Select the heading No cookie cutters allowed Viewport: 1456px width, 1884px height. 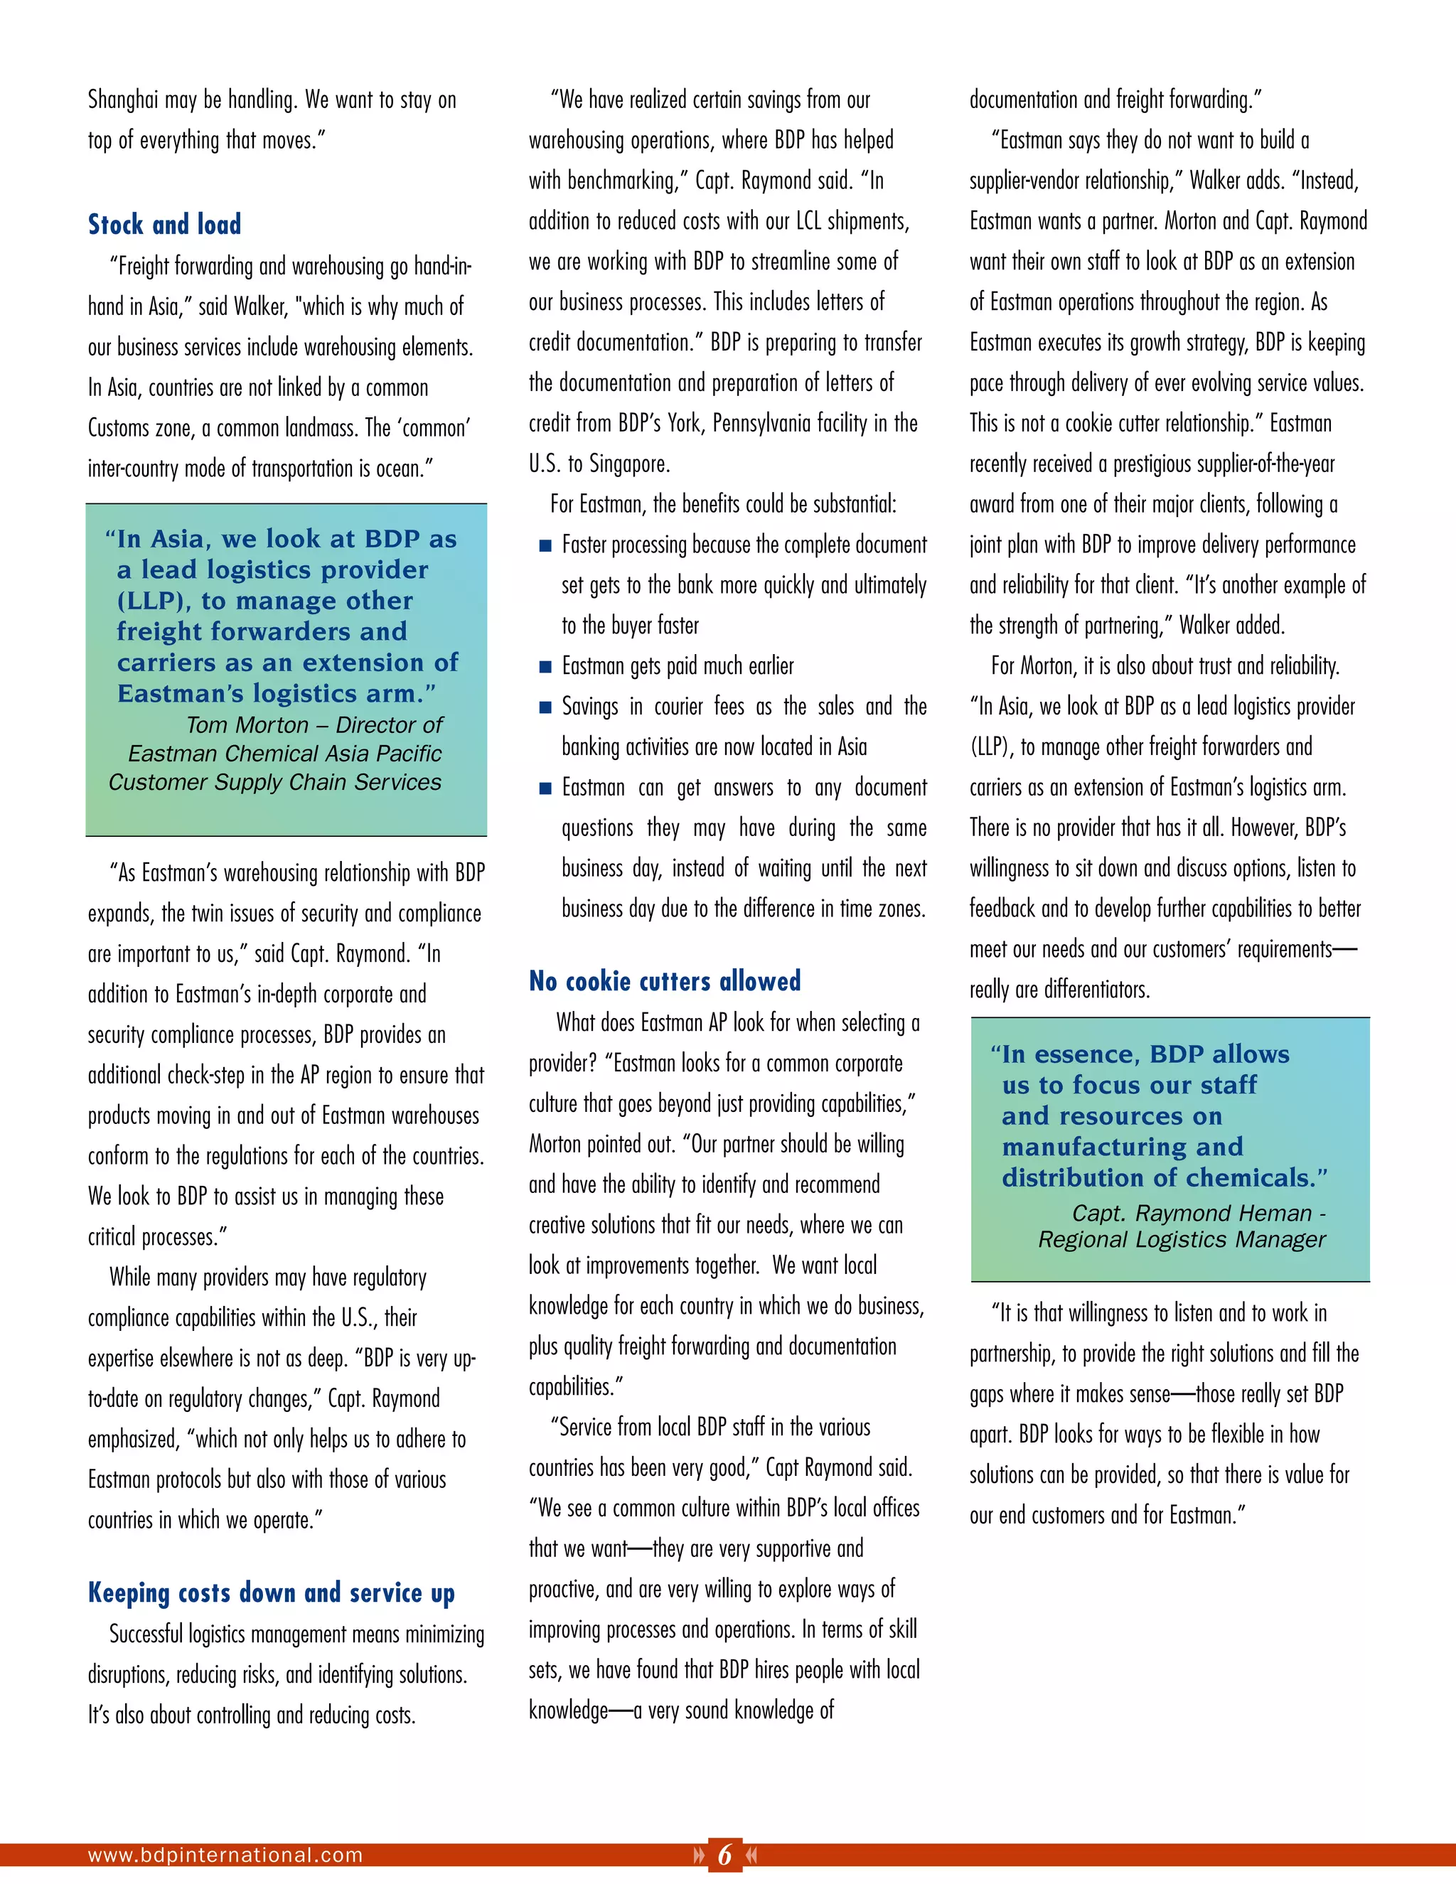click(664, 981)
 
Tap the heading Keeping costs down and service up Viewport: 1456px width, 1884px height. click(271, 1593)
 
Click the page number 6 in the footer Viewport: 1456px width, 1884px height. click(724, 1854)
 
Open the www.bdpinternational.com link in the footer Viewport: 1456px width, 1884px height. click(225, 1855)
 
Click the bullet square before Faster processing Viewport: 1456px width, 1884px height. click(545, 546)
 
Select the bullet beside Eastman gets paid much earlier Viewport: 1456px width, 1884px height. click(545, 667)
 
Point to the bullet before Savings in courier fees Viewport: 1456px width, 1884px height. click(545, 707)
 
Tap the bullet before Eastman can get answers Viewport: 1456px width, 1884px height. click(545, 788)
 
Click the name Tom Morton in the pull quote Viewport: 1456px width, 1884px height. click(247, 725)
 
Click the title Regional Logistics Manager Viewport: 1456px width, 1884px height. click(1182, 1240)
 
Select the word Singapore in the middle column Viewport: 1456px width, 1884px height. click(628, 464)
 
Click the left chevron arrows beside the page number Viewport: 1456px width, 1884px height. click(698, 1855)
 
